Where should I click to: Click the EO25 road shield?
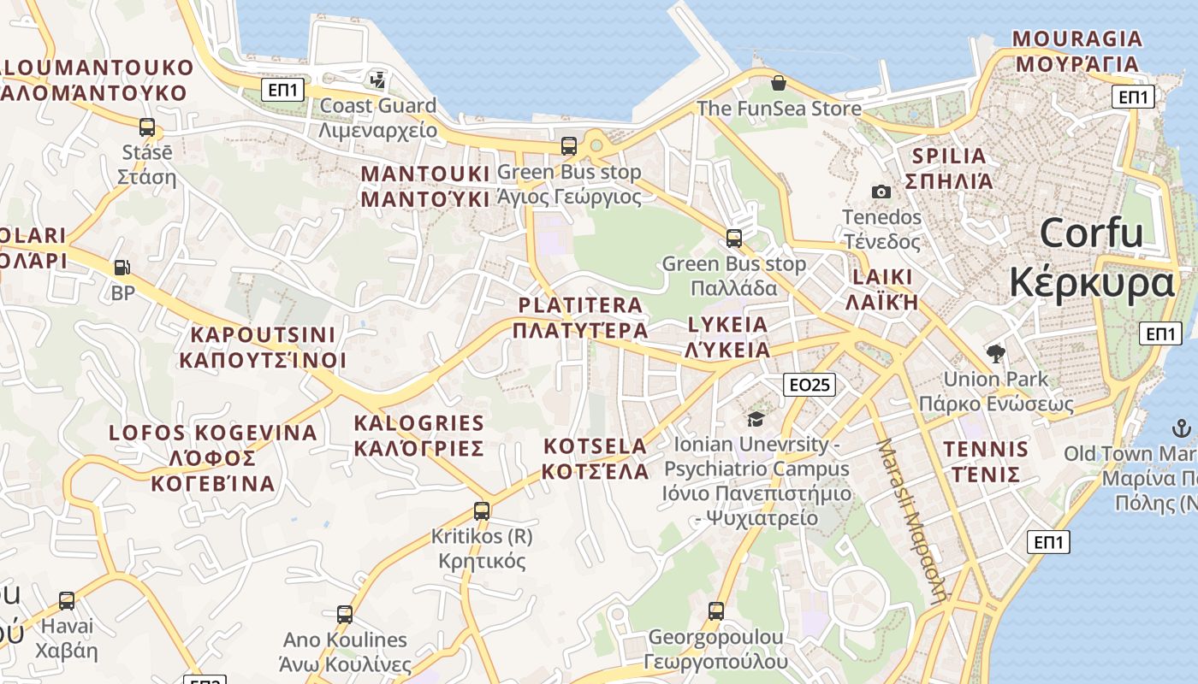tap(809, 385)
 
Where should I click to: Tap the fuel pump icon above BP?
tap(122, 268)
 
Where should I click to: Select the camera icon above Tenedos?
tap(881, 192)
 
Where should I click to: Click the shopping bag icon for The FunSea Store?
tap(779, 83)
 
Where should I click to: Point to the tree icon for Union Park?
tap(995, 353)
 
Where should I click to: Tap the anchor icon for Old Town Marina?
tap(1181, 427)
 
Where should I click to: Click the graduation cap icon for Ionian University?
tap(756, 418)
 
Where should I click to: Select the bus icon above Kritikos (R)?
tap(482, 511)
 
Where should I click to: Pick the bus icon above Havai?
tap(67, 601)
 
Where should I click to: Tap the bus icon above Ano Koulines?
tap(345, 614)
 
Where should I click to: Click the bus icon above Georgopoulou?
tap(716, 611)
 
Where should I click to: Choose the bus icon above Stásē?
tap(147, 127)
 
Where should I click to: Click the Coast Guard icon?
tap(377, 80)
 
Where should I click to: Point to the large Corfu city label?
tap(1092, 233)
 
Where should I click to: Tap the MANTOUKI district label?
tap(425, 174)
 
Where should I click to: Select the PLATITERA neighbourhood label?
tap(580, 305)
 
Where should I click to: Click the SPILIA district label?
tap(950, 156)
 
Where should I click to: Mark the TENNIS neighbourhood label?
tap(986, 450)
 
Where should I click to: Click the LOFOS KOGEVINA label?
tap(213, 433)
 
